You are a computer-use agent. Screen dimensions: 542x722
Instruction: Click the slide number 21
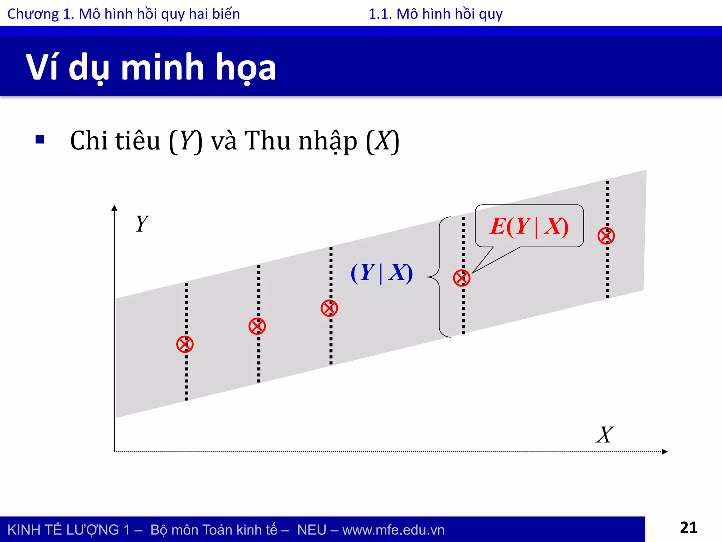pos(688,528)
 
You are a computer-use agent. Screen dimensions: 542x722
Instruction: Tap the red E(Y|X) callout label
pos(529,226)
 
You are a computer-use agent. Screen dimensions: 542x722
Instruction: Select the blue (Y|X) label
pos(381,273)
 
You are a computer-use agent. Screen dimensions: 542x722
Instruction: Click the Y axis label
pos(142,224)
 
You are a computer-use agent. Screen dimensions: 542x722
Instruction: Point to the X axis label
pos(605,435)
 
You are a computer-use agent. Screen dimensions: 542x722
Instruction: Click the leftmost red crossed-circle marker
pos(185,344)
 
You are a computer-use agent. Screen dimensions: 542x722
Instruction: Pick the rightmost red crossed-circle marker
pos(606,236)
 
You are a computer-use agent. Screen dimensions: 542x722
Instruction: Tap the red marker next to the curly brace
pos(461,278)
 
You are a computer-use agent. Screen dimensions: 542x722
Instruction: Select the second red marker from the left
pos(257,326)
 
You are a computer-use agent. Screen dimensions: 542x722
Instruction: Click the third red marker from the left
pos(329,308)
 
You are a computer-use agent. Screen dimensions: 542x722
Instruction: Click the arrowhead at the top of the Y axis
pos(114,208)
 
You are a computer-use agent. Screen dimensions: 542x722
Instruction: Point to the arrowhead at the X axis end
pos(665,452)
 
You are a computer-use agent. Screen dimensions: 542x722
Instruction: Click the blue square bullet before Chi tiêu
pos(40,140)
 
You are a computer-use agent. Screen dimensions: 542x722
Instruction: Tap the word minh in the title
pos(163,67)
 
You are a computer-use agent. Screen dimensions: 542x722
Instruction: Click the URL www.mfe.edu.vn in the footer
pos(393,530)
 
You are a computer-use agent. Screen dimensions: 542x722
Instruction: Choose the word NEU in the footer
pos(311,530)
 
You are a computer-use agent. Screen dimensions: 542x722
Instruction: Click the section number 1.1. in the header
pos(380,14)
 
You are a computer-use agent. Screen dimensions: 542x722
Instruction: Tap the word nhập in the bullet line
pos(328,141)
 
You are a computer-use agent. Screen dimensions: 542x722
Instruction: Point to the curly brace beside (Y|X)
pos(439,277)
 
